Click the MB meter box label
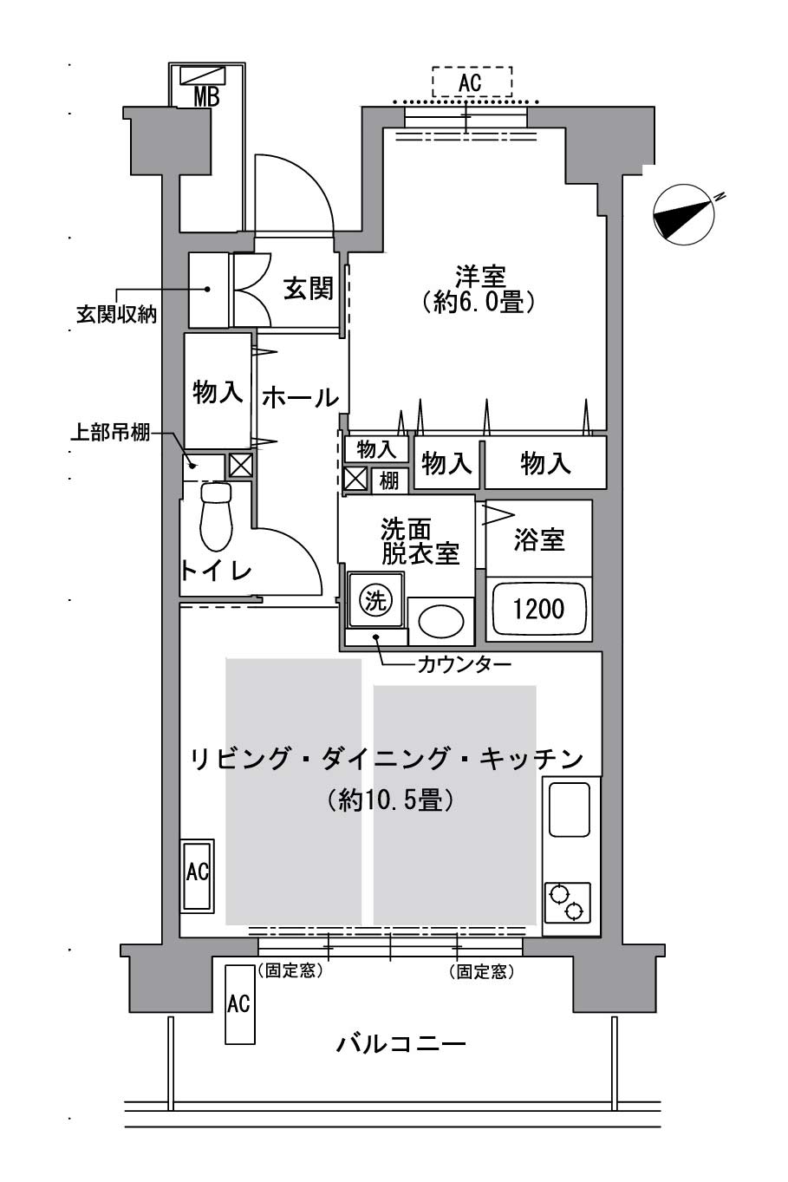pos(206,96)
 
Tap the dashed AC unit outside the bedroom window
pos(472,82)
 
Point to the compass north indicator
pos(684,213)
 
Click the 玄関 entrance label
pos(309,289)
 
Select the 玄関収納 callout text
pos(116,315)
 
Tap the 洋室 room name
pos(480,276)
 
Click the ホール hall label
pos(300,397)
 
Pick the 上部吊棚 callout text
pos(110,433)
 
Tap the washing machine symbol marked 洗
pos(376,600)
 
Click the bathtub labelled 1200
pos(538,609)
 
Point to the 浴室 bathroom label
pos(539,539)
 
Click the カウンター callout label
pos(464,664)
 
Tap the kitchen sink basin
pos(569,808)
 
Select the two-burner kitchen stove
pos(568,903)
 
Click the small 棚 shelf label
pos(388,481)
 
